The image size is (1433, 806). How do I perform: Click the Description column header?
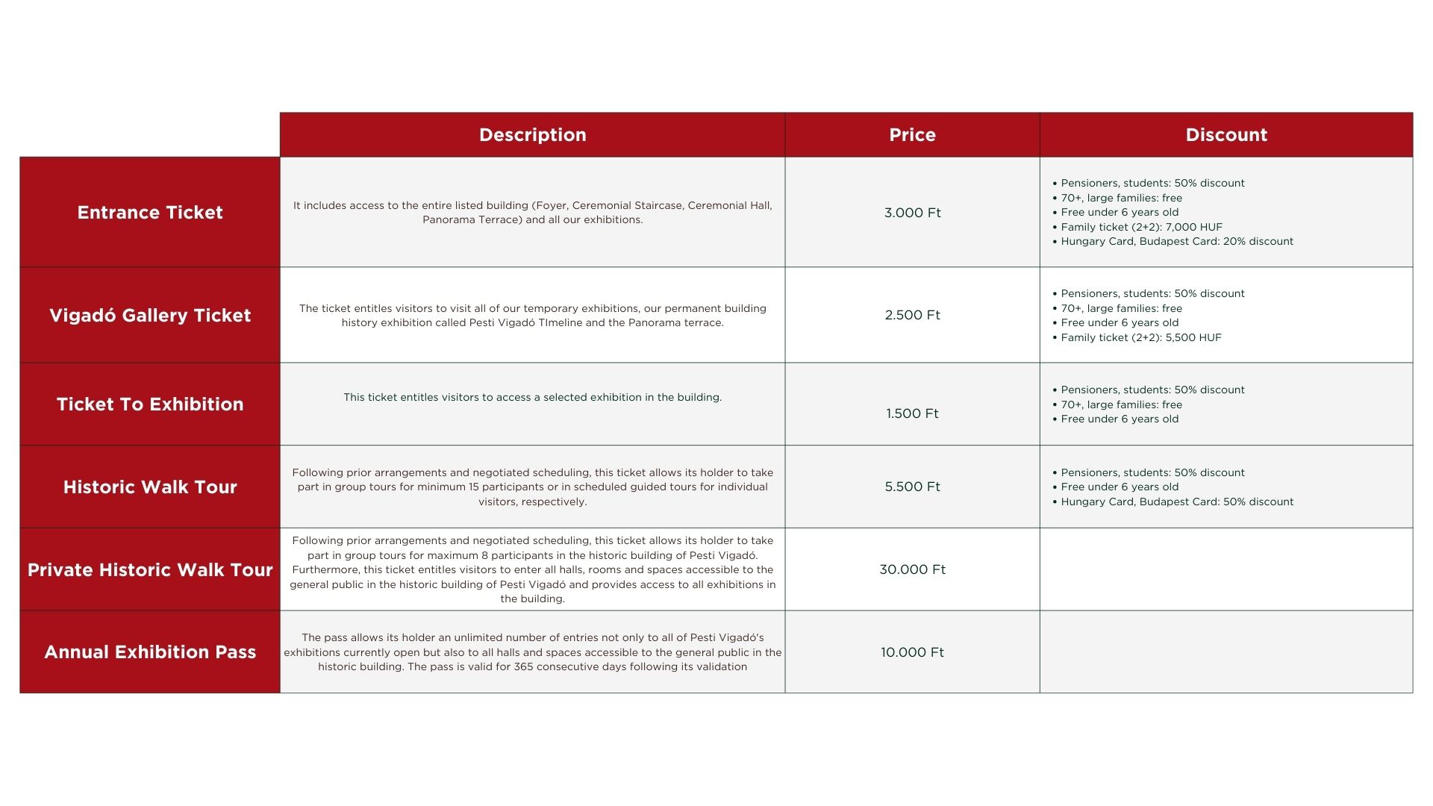532,135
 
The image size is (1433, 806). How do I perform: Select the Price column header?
912,135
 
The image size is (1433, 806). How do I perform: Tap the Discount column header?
1226,135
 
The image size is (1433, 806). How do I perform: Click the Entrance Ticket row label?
150,213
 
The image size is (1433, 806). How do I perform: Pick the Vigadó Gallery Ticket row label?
150,316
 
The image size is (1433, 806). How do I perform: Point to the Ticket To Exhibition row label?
150,404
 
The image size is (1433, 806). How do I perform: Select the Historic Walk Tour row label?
150,487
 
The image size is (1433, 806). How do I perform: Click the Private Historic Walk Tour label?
150,570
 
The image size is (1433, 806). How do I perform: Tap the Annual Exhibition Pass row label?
150,652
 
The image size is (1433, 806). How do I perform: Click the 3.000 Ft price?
912,213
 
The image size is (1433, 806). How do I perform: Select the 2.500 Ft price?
912,315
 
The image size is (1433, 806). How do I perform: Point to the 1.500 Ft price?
912,413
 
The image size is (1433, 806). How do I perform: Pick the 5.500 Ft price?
912,487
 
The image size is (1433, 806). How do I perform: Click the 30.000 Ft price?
912,569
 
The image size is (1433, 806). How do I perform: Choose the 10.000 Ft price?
912,652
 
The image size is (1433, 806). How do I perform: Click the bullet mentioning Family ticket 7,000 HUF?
1141,227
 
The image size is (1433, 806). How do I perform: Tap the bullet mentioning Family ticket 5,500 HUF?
1141,337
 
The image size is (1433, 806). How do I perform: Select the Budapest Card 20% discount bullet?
1177,241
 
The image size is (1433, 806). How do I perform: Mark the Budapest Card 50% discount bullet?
1177,502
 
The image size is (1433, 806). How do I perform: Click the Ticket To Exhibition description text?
532,397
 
